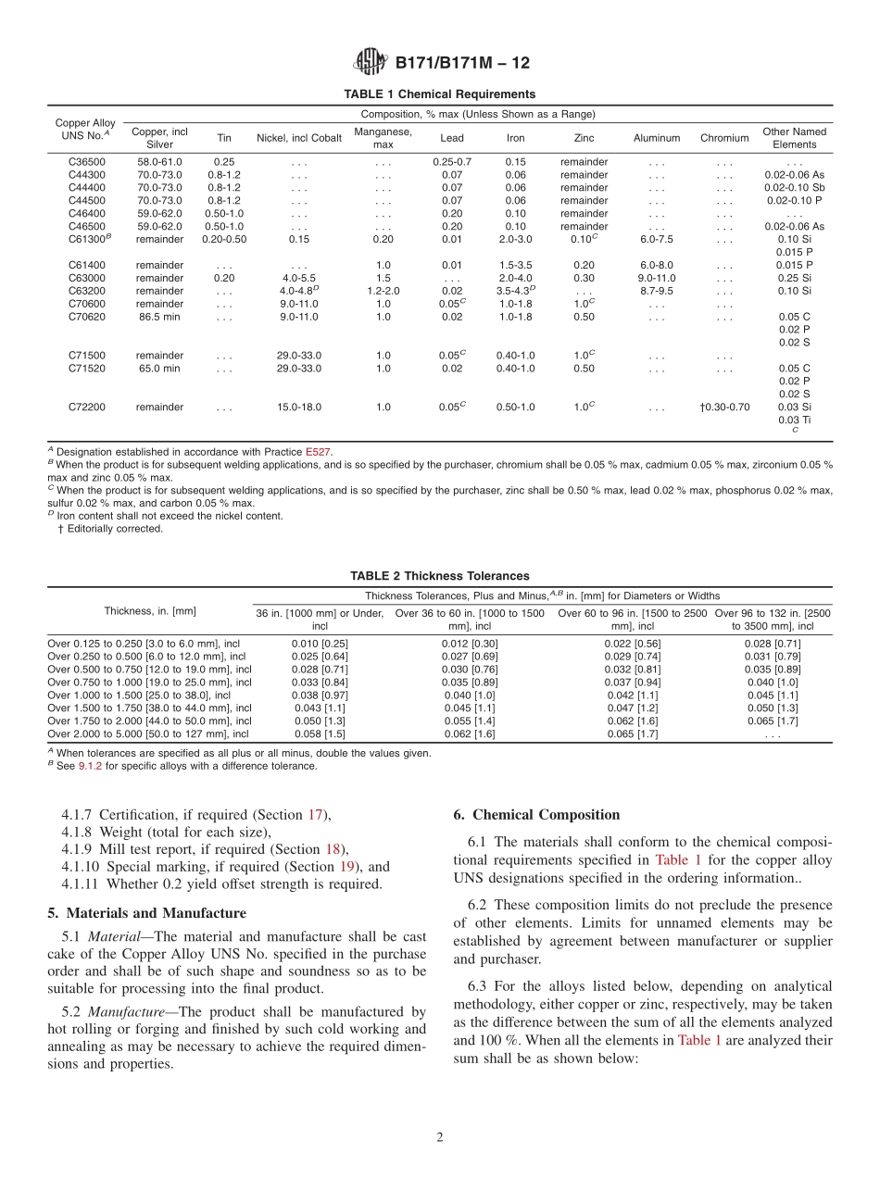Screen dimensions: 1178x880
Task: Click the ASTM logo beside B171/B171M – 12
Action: pos(371,63)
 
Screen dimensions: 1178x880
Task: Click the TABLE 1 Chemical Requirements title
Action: pos(439,94)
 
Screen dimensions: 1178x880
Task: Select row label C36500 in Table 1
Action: pos(85,162)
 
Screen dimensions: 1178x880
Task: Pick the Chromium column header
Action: pos(723,138)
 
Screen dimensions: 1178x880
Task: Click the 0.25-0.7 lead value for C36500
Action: pos(451,162)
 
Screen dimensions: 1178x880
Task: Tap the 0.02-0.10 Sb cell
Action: pos(794,188)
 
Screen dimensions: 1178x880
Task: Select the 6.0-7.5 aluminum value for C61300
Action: pos(656,239)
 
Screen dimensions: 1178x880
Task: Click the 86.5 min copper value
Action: pos(159,317)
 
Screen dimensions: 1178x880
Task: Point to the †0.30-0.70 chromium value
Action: pos(724,407)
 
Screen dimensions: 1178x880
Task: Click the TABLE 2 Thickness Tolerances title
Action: pos(439,576)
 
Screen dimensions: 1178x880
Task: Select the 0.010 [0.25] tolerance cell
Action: pos(320,644)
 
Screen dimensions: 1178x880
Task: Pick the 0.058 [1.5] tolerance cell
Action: pos(320,734)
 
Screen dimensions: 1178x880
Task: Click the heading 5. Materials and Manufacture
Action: pos(146,913)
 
